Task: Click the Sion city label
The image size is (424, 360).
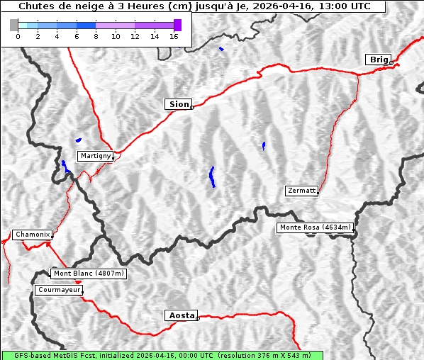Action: coord(178,104)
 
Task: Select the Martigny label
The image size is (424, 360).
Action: coord(95,156)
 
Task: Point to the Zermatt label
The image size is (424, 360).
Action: coord(301,191)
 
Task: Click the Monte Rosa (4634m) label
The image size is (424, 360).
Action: coord(314,227)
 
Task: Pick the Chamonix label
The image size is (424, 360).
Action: coord(32,235)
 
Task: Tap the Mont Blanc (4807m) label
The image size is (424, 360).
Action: coord(89,274)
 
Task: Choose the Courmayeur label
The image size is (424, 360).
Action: coord(59,290)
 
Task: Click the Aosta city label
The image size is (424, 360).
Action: coord(180,315)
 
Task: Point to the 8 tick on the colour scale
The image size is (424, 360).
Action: coord(96,37)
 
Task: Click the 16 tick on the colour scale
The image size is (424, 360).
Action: coord(174,37)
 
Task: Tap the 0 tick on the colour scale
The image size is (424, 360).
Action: coord(18,37)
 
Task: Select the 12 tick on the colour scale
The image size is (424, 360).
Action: coord(135,37)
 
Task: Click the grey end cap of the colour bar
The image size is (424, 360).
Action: coord(13,25)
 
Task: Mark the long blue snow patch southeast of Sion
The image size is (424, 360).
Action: coord(212,177)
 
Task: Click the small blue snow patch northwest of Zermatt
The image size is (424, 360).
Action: coord(264,146)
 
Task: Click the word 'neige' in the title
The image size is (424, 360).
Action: coord(82,6)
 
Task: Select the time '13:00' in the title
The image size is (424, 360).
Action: coord(330,6)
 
